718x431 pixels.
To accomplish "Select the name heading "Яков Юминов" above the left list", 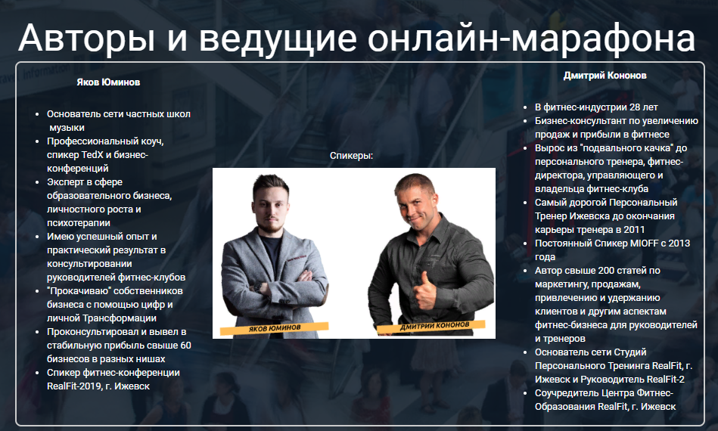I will click(108, 82).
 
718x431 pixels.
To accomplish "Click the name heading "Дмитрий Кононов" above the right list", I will click(605, 76).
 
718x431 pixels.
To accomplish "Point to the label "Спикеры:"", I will click(352, 156).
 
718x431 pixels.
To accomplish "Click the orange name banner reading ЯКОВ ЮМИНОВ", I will click(274, 329).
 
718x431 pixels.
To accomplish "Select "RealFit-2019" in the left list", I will click(74, 386).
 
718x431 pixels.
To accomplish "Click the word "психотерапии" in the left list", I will click(79, 223).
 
